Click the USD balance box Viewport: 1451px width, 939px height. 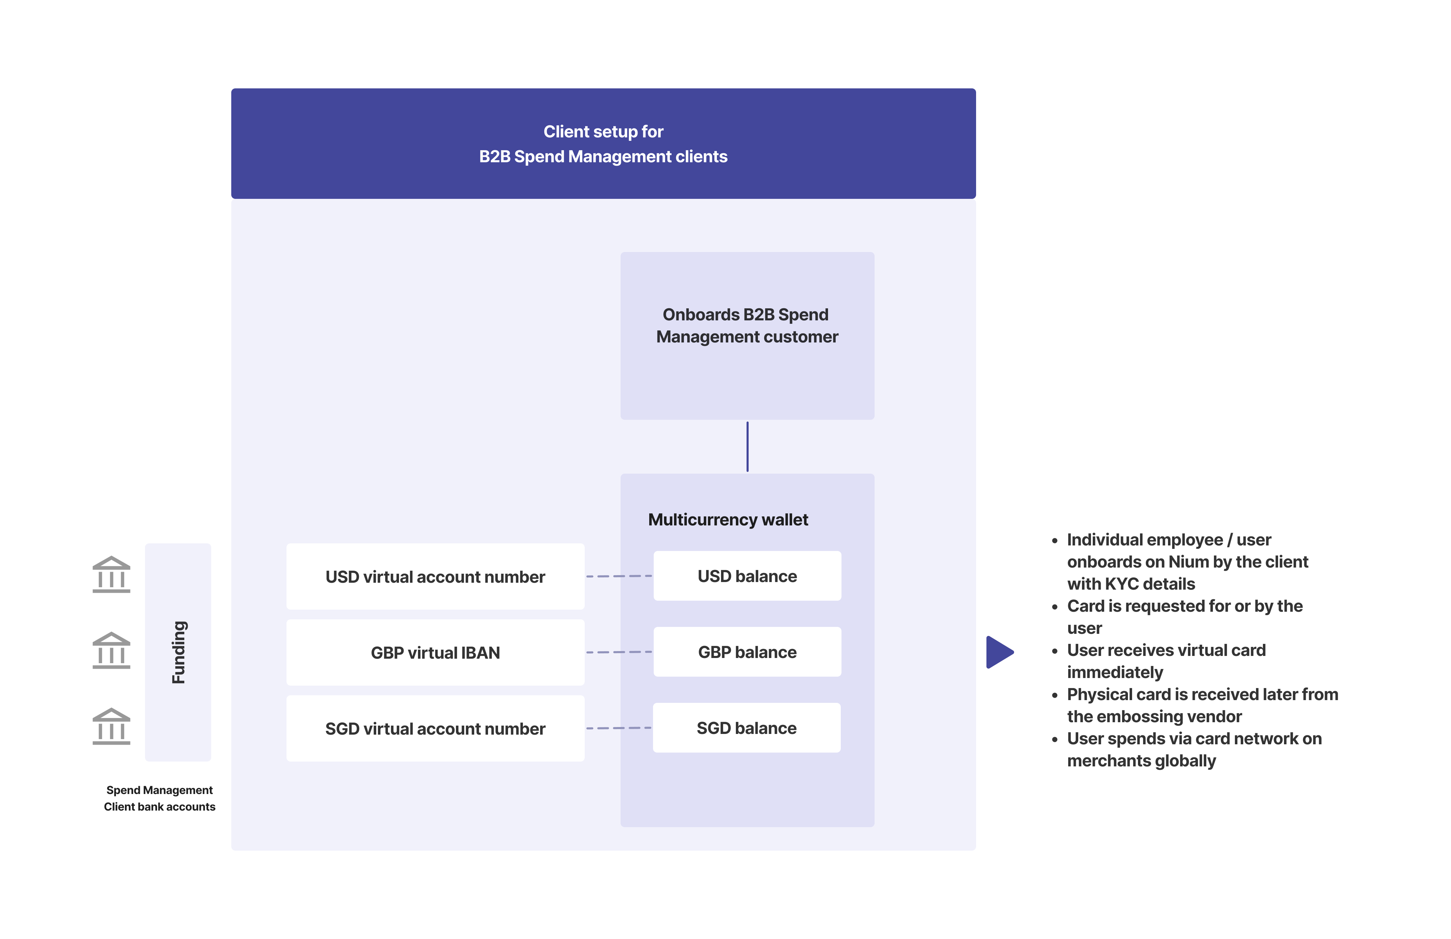click(x=747, y=576)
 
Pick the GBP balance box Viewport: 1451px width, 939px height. click(x=747, y=652)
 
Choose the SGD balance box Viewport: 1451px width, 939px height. click(x=746, y=728)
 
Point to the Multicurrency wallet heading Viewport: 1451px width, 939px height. click(x=728, y=520)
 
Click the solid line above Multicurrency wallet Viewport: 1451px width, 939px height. click(x=748, y=446)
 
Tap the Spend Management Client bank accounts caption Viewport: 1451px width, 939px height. click(x=160, y=798)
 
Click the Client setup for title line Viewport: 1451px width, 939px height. click(x=603, y=132)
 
